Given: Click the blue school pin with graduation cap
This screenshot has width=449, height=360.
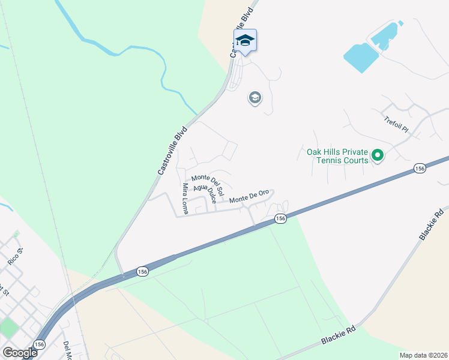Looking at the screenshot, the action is tap(245, 41).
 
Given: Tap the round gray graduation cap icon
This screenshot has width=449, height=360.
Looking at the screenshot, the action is tap(255, 97).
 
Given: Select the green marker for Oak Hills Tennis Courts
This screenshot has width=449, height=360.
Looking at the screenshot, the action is tap(377, 156).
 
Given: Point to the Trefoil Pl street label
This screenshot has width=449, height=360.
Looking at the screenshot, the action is tap(396, 125).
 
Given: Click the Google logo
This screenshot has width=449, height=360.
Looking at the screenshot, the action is tap(20, 352).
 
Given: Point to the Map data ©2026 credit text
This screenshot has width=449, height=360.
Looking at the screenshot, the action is tap(424, 355).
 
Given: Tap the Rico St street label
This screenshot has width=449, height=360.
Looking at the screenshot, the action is tap(15, 256).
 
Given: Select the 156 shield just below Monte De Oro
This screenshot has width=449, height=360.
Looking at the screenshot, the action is tap(280, 219).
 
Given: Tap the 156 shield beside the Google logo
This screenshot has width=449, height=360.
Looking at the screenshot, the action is tap(40, 344).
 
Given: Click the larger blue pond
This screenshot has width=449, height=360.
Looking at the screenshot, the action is tap(361, 58).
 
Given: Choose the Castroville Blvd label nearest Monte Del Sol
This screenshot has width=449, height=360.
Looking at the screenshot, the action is tap(173, 150).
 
